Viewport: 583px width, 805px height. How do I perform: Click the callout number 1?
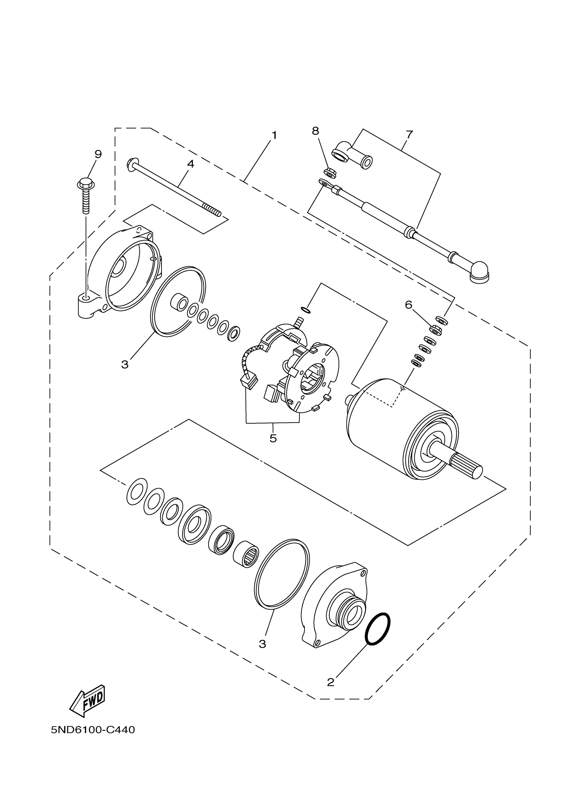click(x=274, y=135)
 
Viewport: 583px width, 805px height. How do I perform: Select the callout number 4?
click(x=191, y=164)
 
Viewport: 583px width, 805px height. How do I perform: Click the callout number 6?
click(x=409, y=305)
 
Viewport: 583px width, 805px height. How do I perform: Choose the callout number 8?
click(x=316, y=131)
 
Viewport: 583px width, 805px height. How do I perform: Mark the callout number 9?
click(x=98, y=154)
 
